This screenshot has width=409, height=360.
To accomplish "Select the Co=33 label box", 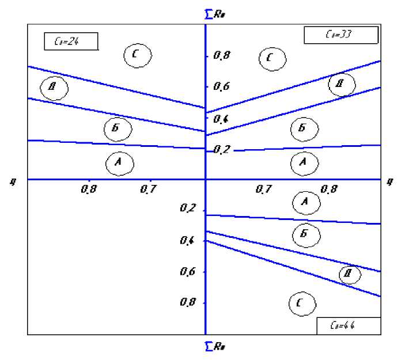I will (x=340, y=35).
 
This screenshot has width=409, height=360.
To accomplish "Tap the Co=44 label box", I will (x=348, y=325).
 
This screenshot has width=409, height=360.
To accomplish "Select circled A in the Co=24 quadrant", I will (x=120, y=163).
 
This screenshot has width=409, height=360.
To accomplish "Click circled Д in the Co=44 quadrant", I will (x=349, y=274).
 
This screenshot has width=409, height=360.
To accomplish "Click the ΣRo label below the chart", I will (x=215, y=347).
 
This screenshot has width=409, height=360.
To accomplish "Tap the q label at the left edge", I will (x=12, y=181).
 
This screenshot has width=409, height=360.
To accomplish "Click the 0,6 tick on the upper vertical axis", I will (x=222, y=86).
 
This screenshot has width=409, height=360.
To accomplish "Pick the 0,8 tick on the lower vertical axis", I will (x=190, y=303).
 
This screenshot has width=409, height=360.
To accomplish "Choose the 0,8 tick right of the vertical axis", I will (x=329, y=189).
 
